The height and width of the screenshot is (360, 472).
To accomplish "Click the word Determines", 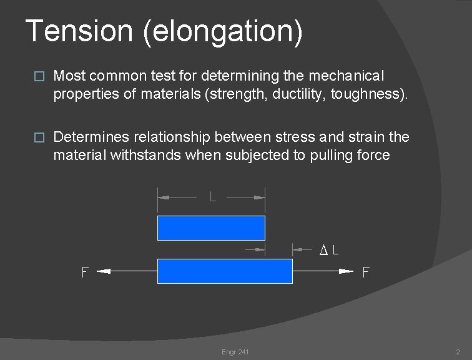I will coord(91,137).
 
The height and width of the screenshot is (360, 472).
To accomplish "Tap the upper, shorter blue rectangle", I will coord(211,228).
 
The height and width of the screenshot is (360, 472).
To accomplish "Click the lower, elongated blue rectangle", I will coord(225,271).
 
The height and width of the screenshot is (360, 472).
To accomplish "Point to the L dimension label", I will coord(213,197).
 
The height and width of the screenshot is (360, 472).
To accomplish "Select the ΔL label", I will coord(330,250).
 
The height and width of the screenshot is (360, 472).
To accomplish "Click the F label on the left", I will coord(85,272).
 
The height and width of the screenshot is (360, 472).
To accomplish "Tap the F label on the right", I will coord(366,272).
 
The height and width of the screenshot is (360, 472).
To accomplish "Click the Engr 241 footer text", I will coord(235,352).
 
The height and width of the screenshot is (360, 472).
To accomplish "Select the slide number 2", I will coord(458,352).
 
